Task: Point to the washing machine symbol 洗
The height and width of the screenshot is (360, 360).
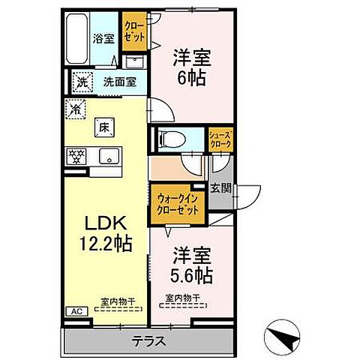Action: point(79,79)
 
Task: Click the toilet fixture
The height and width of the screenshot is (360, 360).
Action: point(172,138)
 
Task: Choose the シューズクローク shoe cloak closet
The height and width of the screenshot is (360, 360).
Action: point(220,139)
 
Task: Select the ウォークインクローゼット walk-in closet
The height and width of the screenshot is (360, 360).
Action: point(178,204)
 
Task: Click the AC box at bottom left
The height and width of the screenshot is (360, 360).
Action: point(74,310)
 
